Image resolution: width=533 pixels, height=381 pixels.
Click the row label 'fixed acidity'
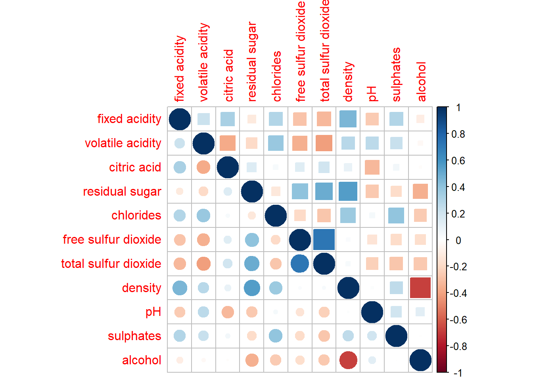(129, 119)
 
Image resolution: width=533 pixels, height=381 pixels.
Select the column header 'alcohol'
(421, 81)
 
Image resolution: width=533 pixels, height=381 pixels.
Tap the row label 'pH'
(153, 312)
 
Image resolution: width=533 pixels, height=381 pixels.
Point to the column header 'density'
(348, 81)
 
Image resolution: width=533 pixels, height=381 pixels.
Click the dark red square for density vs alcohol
(420, 288)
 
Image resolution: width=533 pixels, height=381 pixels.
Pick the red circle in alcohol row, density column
(348, 360)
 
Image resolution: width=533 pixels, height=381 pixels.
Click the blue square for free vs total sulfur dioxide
(324, 239)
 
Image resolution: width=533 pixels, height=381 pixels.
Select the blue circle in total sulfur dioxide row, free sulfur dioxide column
(300, 264)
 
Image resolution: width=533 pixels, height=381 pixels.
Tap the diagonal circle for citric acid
(228, 167)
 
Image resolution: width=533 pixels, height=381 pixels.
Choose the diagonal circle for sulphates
(396, 336)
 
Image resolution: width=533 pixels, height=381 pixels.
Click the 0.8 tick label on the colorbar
(458, 134)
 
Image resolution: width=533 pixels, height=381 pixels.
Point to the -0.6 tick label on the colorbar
(458, 320)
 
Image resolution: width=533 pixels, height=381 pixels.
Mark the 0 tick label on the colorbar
(458, 240)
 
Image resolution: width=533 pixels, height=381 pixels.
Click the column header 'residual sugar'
(252, 62)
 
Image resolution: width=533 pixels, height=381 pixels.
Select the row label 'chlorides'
(136, 216)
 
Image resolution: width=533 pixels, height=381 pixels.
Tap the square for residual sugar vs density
(348, 191)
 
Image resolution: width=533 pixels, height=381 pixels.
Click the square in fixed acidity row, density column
(348, 119)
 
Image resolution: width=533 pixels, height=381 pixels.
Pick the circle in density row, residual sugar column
(252, 288)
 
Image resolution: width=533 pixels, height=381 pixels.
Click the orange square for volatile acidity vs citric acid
(228, 143)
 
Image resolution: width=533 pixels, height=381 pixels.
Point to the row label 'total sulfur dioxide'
(111, 264)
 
